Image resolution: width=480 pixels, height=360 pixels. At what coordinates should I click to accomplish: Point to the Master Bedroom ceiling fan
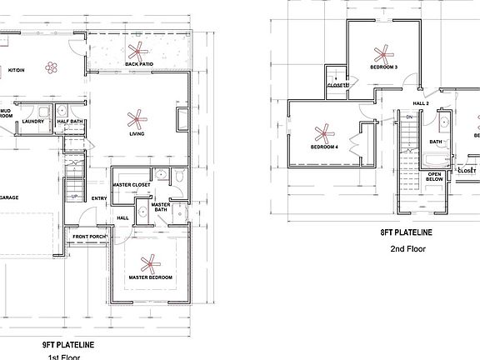point(150,264)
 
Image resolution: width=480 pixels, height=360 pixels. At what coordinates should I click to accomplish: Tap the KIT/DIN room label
point(16,70)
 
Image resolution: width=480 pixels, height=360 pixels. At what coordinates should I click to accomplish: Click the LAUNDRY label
point(33,121)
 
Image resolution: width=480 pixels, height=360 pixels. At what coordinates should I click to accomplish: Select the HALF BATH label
point(68,121)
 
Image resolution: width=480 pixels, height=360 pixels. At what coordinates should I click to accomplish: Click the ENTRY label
point(99,197)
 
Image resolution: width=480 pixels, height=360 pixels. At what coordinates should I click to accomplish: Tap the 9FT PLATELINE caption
point(68,344)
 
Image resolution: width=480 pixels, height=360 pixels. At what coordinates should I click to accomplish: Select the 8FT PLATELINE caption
point(407,234)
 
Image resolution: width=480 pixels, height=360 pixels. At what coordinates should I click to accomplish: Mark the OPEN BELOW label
point(435,176)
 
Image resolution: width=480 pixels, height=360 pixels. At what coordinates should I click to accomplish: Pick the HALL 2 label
point(421,103)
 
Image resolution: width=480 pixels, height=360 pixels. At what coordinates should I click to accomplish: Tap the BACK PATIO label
point(137,64)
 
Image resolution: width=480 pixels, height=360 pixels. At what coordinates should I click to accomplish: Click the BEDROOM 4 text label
point(323,147)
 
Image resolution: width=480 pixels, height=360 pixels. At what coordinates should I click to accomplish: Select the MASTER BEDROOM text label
point(150,277)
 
